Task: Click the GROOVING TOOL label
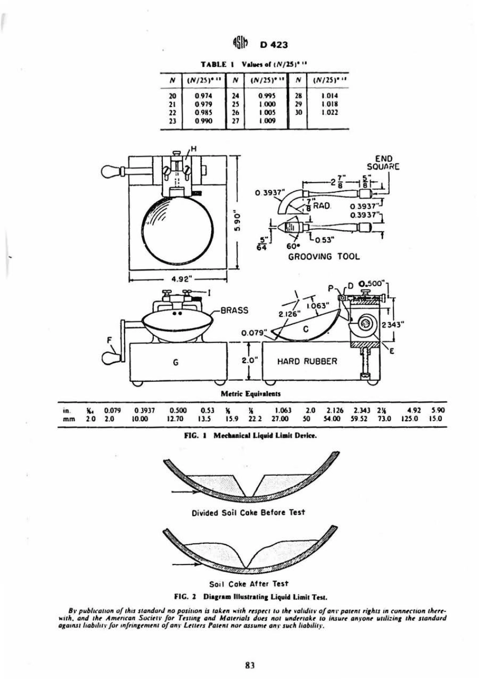[324, 257]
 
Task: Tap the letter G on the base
[174, 362]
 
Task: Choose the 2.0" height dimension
[249, 361]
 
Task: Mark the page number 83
[248, 665]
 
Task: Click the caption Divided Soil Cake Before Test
[249, 512]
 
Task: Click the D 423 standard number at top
[273, 44]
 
